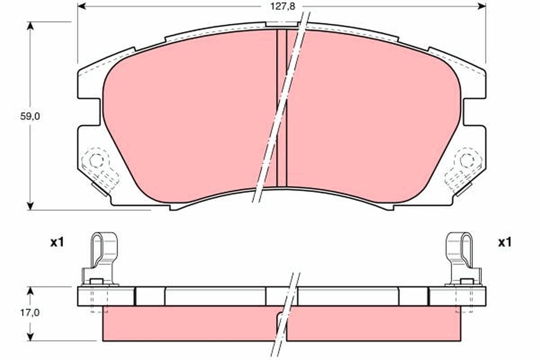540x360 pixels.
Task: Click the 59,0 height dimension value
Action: tap(31, 116)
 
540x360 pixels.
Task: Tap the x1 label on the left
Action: tap(57, 243)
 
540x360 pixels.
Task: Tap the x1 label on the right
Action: tap(505, 243)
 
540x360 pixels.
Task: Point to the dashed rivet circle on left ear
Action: tap(96, 160)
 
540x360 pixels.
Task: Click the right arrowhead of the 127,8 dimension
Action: tap(481, 6)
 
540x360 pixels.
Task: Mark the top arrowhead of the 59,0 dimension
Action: tap(31, 25)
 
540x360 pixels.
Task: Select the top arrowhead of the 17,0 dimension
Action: tap(31, 291)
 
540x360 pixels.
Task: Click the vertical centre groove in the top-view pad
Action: tap(282, 108)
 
